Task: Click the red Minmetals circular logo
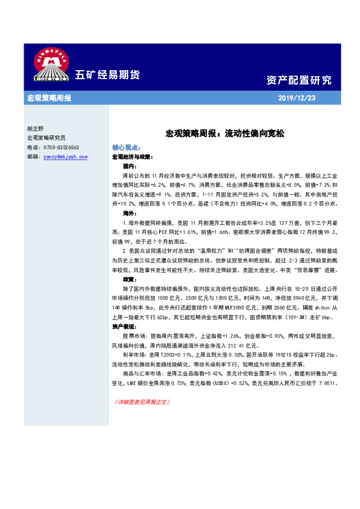[49, 63]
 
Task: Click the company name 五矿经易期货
[107, 75]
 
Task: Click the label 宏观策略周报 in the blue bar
[49, 98]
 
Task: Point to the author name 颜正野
[37, 129]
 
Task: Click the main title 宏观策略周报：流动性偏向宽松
[224, 133]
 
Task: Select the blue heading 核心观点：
[127, 148]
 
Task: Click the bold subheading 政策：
[129, 280]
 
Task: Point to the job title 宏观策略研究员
[47, 138]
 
